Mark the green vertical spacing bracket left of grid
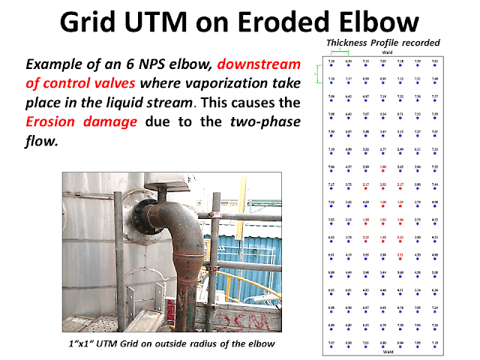pos(317,73)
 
